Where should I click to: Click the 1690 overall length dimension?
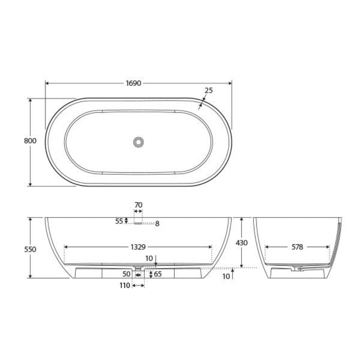tap(134, 83)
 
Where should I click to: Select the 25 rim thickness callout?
tap(208, 90)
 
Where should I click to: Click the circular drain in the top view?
tap(138, 142)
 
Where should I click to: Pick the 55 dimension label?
tap(119, 221)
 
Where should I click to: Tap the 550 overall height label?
tap(30, 249)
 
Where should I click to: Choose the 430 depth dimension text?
tap(242, 242)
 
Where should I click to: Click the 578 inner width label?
tap(297, 247)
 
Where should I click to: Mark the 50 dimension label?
tap(126, 274)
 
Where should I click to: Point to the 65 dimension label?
tap(158, 274)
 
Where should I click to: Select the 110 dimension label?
tap(125, 285)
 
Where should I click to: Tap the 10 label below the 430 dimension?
tap(226, 276)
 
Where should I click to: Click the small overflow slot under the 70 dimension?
tap(138, 223)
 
